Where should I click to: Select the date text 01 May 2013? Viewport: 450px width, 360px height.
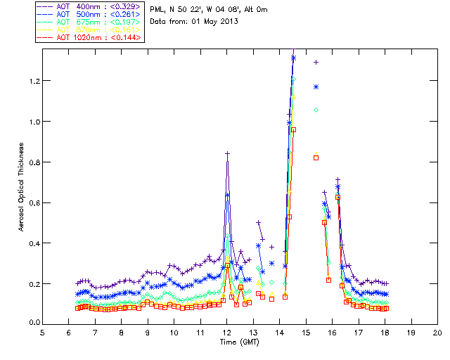pos(214,21)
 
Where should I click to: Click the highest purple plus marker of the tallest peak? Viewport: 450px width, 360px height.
pos(293,58)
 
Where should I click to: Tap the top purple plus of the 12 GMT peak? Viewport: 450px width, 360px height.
pos(227,153)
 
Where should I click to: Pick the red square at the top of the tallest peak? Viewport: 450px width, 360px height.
pos(293,129)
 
